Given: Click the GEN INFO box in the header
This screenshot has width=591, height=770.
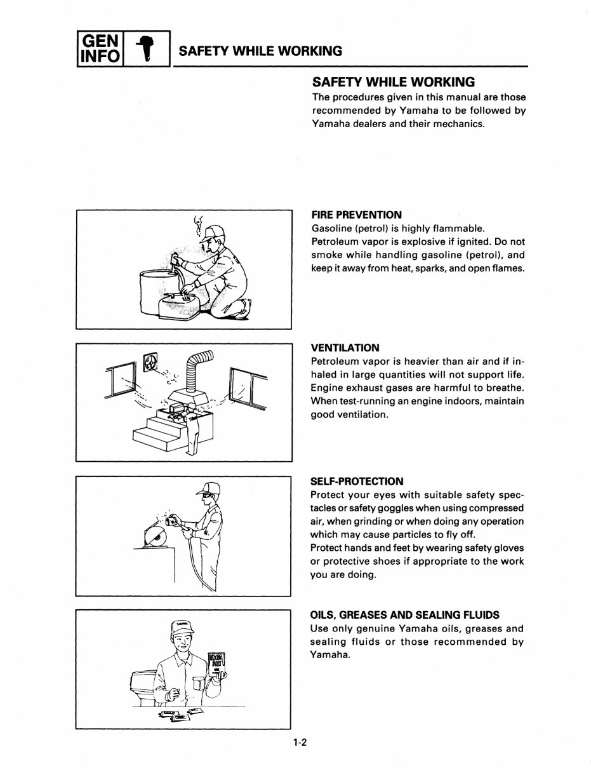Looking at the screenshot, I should point(98,48).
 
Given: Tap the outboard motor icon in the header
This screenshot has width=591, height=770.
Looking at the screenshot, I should point(147,49).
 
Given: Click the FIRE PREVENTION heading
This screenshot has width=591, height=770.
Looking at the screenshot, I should point(356,215).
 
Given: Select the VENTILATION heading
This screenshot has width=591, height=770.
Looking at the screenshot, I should point(345,348).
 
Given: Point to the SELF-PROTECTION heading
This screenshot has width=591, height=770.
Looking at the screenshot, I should point(357,481).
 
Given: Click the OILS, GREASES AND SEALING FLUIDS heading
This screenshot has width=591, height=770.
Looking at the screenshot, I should point(404,615).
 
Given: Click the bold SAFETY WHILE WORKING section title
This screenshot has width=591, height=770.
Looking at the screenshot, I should point(394,83).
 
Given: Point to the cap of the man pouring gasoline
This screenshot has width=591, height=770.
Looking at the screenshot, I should point(215,231).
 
